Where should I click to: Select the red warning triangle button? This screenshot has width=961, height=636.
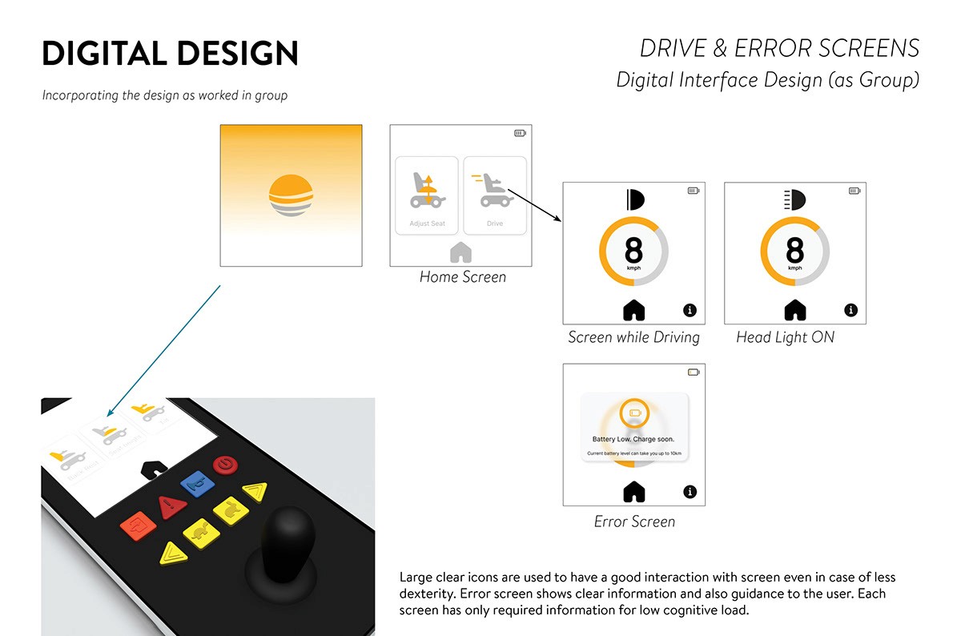[171, 506]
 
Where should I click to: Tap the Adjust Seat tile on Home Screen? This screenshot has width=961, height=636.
[427, 195]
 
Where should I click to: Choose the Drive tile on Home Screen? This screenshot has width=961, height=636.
[495, 195]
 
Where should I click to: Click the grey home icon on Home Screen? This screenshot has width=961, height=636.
[461, 252]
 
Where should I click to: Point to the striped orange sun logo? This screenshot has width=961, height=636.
[291, 195]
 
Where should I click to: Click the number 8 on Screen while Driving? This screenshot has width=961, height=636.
[633, 250]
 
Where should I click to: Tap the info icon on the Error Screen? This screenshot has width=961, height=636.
[690, 492]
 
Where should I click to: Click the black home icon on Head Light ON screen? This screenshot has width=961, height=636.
[795, 309]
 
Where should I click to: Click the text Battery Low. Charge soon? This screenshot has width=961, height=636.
[633, 439]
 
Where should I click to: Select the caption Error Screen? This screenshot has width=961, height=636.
[634, 521]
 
